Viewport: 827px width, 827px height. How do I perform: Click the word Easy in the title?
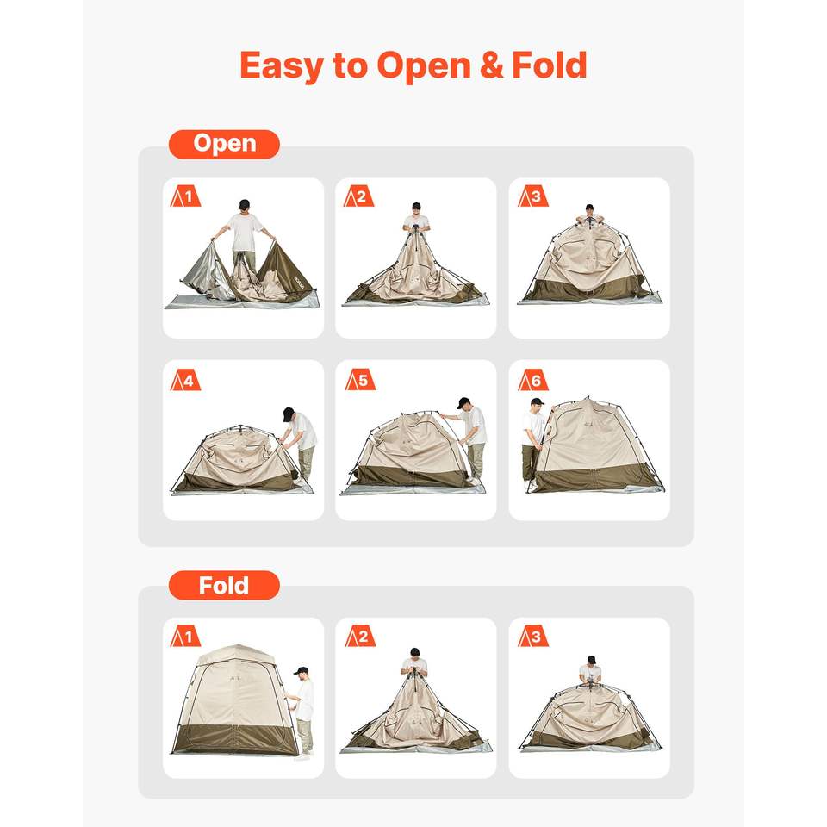tap(281, 65)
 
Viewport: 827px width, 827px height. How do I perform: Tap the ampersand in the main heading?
tap(492, 65)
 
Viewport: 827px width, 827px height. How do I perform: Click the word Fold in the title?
tap(550, 65)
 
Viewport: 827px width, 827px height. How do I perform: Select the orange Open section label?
tap(224, 144)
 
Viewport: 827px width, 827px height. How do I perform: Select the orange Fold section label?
tap(224, 586)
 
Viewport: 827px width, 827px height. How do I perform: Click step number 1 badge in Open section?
tap(185, 196)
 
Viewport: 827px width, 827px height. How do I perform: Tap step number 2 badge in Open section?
tap(358, 196)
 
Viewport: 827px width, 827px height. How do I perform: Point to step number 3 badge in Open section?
tap(532, 196)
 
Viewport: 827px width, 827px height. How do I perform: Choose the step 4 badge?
tap(185, 380)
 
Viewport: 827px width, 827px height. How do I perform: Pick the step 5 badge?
tap(360, 380)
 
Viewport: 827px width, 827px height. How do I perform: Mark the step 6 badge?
tap(532, 380)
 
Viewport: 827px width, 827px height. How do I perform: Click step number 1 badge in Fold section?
tap(185, 636)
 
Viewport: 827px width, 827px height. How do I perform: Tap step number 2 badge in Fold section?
tap(360, 636)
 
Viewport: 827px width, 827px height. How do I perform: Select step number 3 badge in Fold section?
tap(532, 636)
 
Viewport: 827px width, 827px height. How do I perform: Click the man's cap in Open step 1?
tap(244, 204)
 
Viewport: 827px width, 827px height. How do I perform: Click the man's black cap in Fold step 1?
tap(302, 670)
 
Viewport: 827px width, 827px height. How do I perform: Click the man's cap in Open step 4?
tap(288, 413)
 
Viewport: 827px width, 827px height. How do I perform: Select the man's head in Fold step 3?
tap(591, 661)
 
